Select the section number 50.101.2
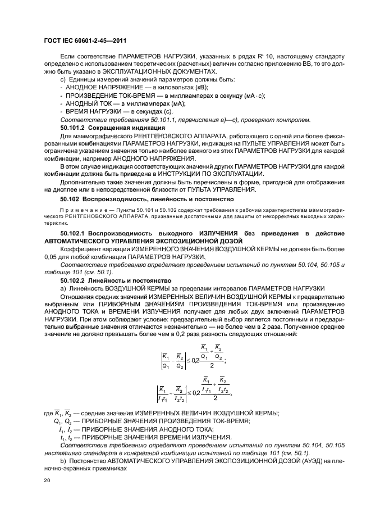click(72, 128)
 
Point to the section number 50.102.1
click(72, 233)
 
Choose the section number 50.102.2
click(72, 280)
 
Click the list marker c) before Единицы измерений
click(63, 80)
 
